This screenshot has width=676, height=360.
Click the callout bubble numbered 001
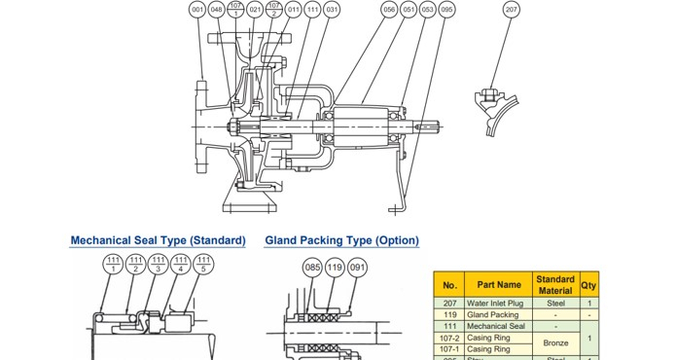coord(197,10)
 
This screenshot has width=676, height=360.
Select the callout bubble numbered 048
coord(216,10)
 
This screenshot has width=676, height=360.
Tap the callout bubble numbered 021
coord(255,10)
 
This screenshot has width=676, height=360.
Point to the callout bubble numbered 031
coord(332,10)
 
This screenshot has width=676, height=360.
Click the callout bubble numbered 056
coord(389,10)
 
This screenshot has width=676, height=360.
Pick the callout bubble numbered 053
coord(427,10)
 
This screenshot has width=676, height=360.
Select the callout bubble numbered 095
coord(446,10)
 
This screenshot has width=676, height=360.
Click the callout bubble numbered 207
coord(512,10)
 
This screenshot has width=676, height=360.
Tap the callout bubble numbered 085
coord(312,266)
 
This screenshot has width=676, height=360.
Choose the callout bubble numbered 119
coord(335,266)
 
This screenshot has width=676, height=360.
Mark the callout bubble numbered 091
coord(357,266)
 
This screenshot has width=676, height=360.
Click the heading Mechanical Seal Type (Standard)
coord(158,240)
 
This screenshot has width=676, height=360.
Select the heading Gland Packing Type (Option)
coord(341,240)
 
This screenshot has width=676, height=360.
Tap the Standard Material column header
coord(555,284)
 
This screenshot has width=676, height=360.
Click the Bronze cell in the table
coord(555,342)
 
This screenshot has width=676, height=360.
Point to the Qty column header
coord(589,284)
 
